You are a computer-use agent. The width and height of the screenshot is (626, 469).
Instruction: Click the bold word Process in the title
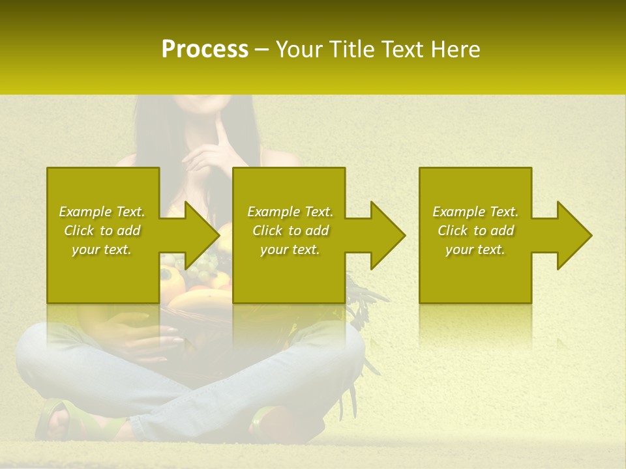(205, 50)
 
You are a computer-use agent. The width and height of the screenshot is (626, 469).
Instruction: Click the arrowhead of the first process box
(202, 235)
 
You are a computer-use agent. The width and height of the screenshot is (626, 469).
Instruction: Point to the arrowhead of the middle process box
(388, 235)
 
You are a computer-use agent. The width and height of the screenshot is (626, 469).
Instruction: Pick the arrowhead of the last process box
(574, 235)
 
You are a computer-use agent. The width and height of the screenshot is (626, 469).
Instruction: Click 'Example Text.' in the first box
(102, 212)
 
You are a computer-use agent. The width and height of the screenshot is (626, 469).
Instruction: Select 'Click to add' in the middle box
(290, 231)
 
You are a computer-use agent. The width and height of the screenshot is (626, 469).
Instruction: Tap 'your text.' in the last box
(475, 249)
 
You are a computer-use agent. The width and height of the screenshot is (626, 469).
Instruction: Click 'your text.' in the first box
(102, 249)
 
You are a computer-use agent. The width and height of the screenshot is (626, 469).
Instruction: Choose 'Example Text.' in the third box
(475, 212)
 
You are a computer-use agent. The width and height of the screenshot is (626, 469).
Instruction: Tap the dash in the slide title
(262, 50)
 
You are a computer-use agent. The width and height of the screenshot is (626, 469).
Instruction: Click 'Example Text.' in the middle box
(290, 212)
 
